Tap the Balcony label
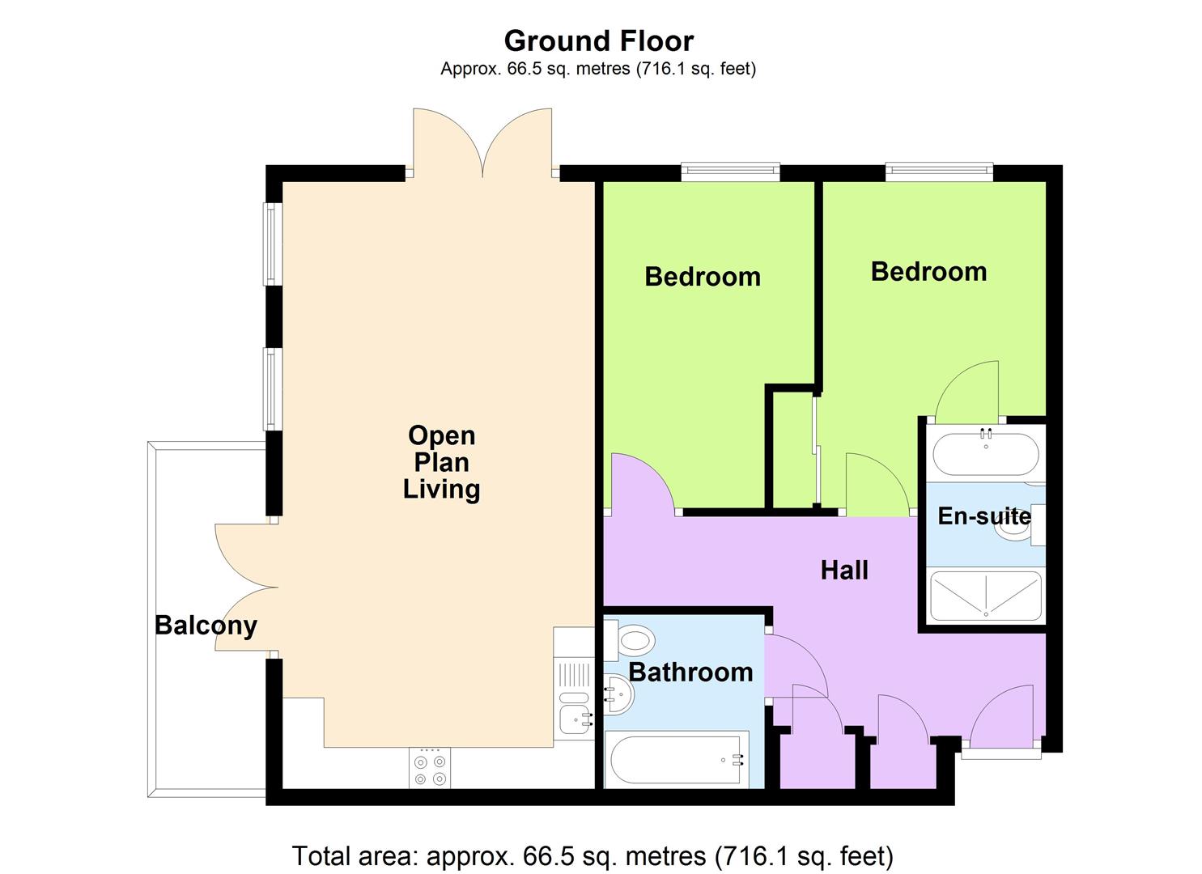(x=206, y=626)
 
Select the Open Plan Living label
(x=441, y=463)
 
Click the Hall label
(x=844, y=571)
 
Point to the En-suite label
(x=984, y=516)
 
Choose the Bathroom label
(x=690, y=672)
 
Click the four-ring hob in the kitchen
(x=430, y=768)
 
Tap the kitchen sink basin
(x=576, y=719)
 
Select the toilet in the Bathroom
(x=630, y=641)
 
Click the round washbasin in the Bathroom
(x=619, y=694)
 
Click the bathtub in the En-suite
(x=986, y=454)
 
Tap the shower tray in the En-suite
(x=986, y=596)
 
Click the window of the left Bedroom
(x=730, y=171)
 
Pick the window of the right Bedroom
(x=939, y=171)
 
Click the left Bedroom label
(x=703, y=277)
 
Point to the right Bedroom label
(x=929, y=272)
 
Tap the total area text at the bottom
(x=593, y=855)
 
